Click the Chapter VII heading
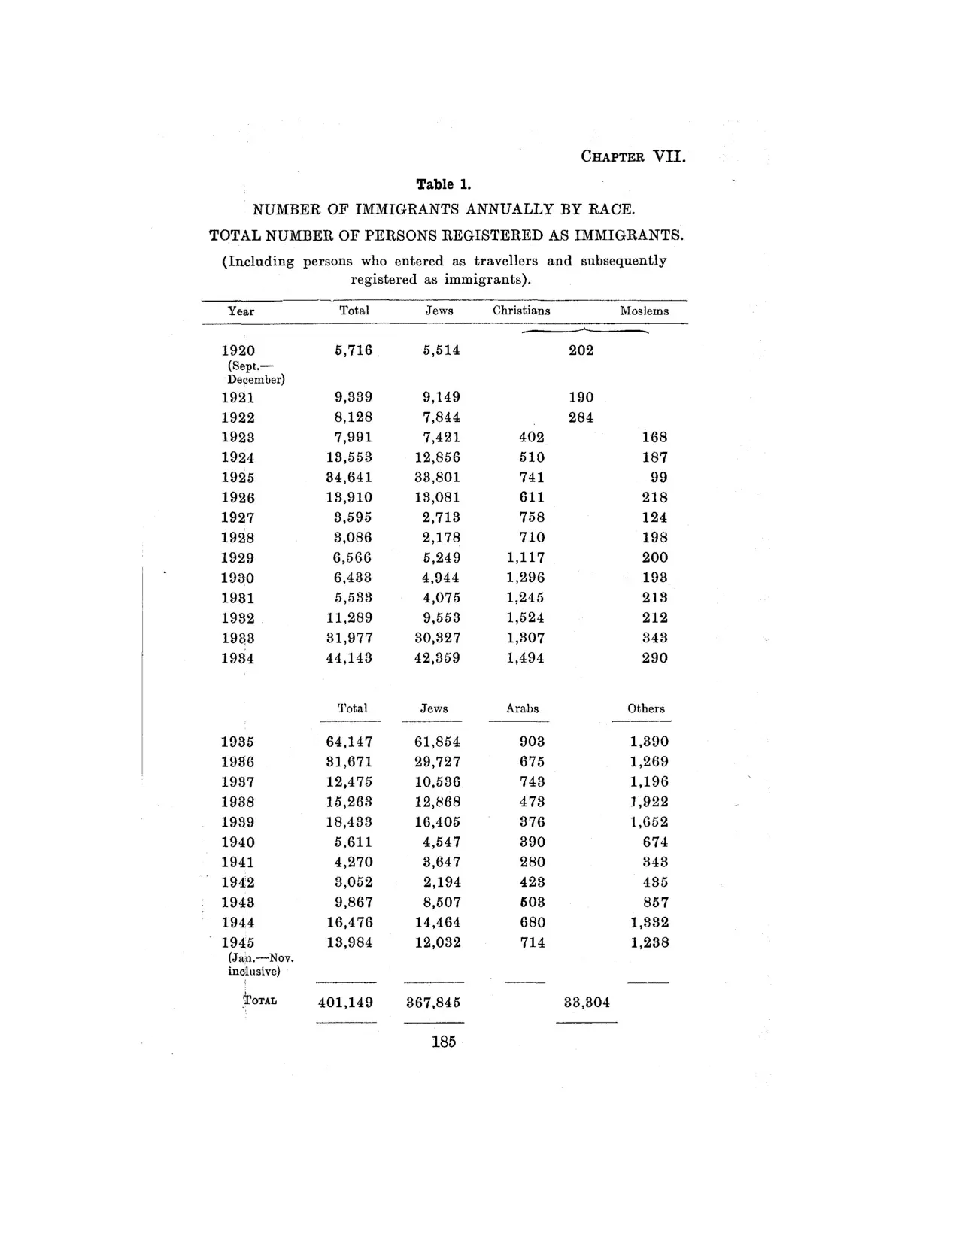[x=633, y=157]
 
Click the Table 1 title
[x=444, y=184]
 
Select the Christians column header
[x=521, y=311]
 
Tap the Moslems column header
[x=644, y=311]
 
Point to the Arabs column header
[x=522, y=708]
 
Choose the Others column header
[x=645, y=708]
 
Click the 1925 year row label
[x=238, y=478]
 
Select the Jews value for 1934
[x=437, y=658]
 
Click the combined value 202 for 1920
[x=581, y=350]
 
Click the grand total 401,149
[x=345, y=1003]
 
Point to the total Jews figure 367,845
[x=433, y=1003]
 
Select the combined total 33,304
[x=587, y=1003]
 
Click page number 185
[x=444, y=1042]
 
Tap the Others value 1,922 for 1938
[x=648, y=802]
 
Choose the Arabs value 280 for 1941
[x=532, y=862]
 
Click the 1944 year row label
[x=238, y=923]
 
